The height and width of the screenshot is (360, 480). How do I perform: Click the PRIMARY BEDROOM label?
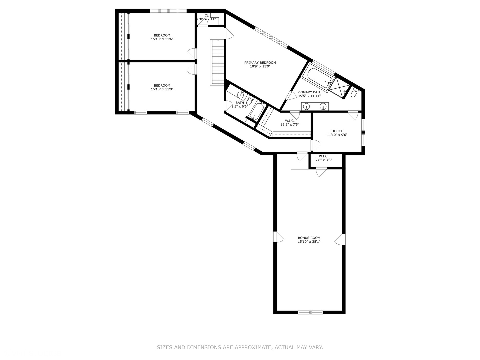[x=260, y=63]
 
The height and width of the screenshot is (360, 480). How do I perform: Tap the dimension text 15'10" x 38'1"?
[x=309, y=242]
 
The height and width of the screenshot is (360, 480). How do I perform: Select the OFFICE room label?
[x=337, y=131]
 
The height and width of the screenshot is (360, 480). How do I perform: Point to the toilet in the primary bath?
[x=354, y=93]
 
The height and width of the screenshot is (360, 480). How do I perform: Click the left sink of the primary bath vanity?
[x=306, y=106]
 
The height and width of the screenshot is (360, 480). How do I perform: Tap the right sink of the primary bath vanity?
[x=323, y=106]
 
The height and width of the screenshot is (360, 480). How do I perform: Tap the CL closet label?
[x=206, y=15]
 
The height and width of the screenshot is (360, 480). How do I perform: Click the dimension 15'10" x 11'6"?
[x=162, y=39]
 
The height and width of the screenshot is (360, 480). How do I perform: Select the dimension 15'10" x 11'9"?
[x=162, y=89]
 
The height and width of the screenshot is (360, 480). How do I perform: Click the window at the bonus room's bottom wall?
[x=310, y=312]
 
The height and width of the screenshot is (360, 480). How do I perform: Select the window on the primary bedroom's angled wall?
[x=271, y=37]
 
